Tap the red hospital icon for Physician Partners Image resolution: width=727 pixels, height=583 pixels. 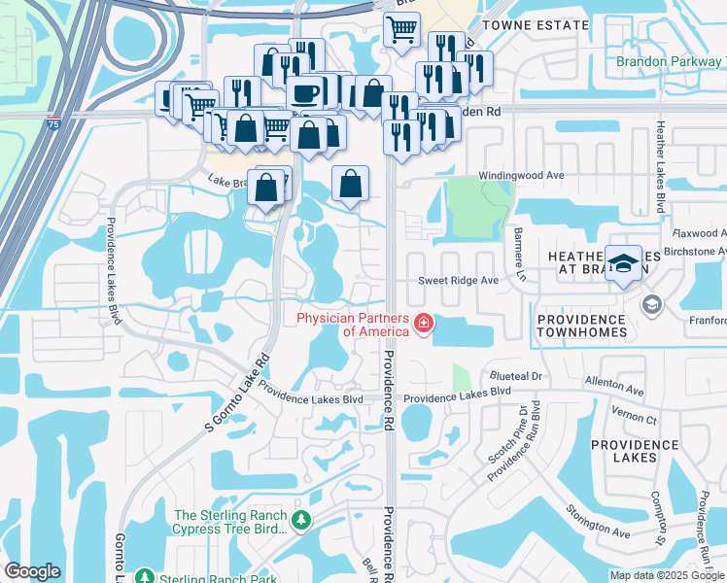point(423,324)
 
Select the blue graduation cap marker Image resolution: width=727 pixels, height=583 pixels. point(623,263)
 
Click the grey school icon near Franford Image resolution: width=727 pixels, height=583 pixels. point(650,306)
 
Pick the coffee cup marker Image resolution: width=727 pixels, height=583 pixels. point(306,94)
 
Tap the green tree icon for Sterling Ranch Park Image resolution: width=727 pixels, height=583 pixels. point(145,576)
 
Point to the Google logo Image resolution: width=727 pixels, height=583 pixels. point(33,571)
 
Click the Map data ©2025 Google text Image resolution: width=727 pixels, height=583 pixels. point(666,575)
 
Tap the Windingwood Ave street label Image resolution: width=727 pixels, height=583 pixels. point(520,177)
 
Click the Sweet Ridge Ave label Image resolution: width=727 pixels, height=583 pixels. point(458,280)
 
